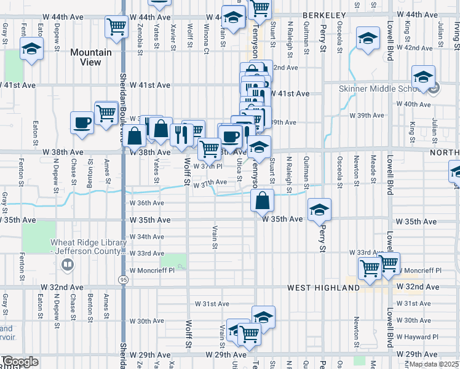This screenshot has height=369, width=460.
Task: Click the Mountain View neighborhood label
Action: point(91,57)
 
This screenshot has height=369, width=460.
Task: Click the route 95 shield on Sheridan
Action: point(124,280)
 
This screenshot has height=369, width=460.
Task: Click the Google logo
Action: point(20,362)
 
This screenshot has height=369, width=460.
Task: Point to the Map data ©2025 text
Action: point(433,364)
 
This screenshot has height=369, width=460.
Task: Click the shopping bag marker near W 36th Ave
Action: point(263,201)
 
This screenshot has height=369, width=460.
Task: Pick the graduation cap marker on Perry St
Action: point(319,210)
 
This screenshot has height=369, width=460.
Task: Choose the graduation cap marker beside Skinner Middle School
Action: point(423,77)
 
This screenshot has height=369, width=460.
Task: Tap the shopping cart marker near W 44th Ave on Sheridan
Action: point(116,27)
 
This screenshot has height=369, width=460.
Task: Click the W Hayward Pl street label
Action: point(417,337)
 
